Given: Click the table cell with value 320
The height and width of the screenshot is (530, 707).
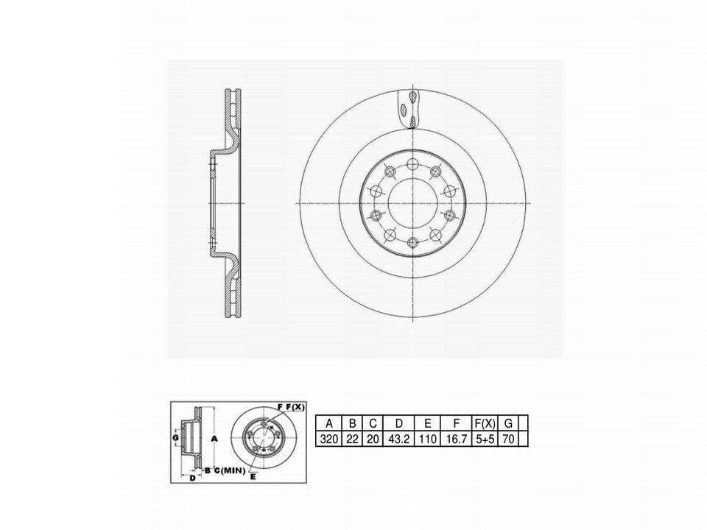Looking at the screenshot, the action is coord(329,439).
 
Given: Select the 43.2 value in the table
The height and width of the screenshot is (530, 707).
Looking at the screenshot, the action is coord(398,439).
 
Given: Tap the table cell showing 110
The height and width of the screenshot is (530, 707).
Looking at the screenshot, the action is coord(428,439).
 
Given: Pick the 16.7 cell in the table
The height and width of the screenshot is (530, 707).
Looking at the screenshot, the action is coord(457,439).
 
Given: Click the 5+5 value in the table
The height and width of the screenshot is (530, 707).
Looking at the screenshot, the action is coord(485,439).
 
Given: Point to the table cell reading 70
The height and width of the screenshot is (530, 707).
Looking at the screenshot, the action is coord(508,439).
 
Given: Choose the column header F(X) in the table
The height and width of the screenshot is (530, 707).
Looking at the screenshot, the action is coord(485,424).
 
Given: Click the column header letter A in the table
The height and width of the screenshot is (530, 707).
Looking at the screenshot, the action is coord(329,424).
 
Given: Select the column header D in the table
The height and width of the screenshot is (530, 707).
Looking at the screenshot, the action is coord(398,424).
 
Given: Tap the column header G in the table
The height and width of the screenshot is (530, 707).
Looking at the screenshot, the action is coord(508,424).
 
